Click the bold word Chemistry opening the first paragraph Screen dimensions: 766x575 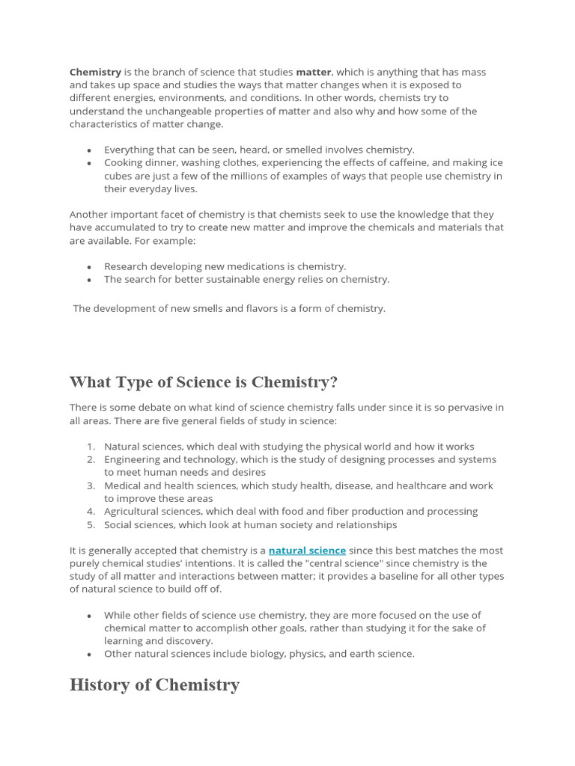[x=95, y=73]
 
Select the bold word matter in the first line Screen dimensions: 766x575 [x=313, y=73]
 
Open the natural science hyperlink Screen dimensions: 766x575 [x=307, y=551]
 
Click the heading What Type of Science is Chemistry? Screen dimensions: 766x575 [x=204, y=382]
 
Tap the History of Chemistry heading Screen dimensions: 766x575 [x=154, y=684]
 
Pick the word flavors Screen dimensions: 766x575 [x=252, y=308]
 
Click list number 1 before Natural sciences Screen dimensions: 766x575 [x=90, y=447]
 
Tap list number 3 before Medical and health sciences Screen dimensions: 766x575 [x=90, y=485]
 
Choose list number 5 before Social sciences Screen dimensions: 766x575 [x=90, y=524]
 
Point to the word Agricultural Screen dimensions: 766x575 [x=132, y=512]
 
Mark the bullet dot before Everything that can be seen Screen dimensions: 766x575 [x=90, y=150]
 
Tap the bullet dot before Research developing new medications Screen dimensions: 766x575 [x=90, y=267]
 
